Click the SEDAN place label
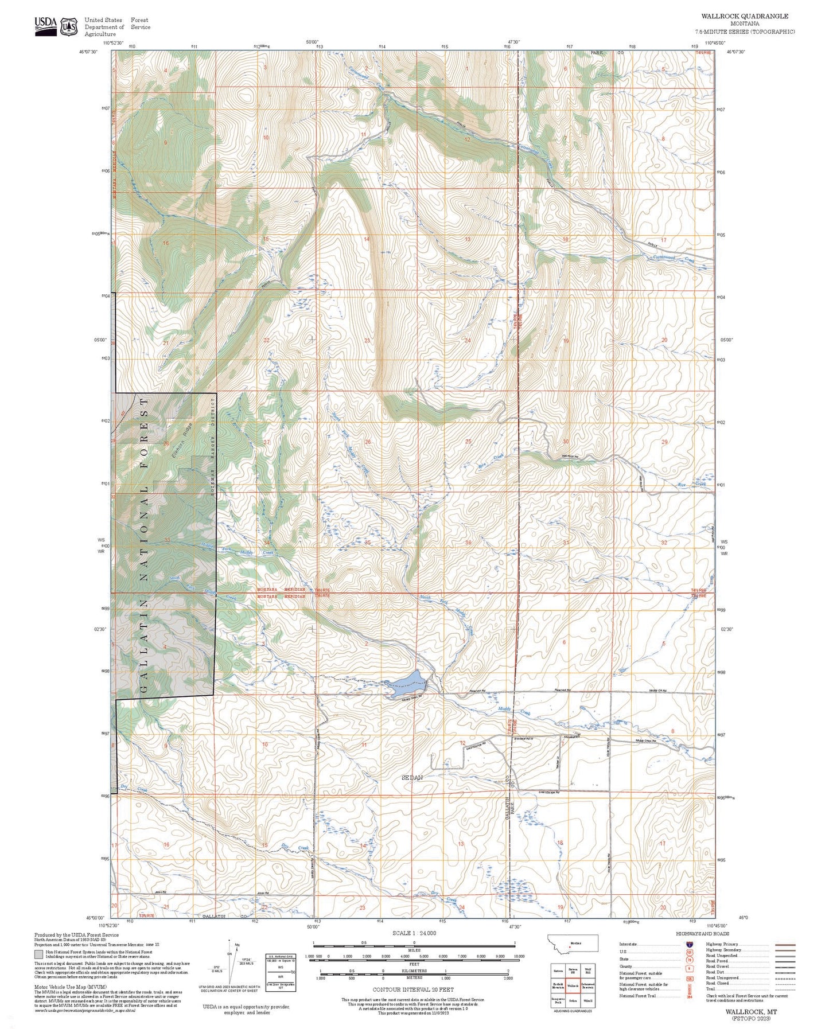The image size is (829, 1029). [412, 778]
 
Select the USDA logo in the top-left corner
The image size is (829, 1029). [45, 25]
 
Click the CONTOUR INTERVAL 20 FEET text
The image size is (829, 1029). [413, 989]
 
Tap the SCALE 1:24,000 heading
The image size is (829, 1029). [414, 933]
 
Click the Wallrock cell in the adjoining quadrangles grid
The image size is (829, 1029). [573, 985]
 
